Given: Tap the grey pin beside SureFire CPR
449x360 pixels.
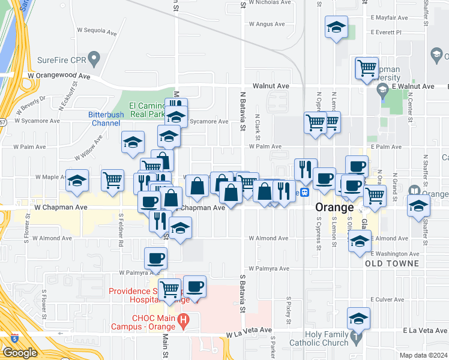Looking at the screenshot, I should [94, 59].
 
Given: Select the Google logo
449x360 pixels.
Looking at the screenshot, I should [20, 352].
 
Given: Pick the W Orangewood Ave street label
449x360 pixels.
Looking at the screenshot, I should [58, 76].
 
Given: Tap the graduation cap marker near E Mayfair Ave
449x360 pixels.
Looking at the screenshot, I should [336, 27].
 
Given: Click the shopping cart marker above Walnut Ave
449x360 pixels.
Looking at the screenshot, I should [366, 68].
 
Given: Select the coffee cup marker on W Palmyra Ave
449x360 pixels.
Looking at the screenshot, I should [156, 258].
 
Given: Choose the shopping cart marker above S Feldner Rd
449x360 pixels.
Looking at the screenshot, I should [112, 179].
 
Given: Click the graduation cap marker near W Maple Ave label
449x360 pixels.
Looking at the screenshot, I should [77, 181].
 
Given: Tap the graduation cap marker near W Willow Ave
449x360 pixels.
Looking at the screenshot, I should [133, 142].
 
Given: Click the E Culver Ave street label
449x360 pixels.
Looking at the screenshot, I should [388, 299].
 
